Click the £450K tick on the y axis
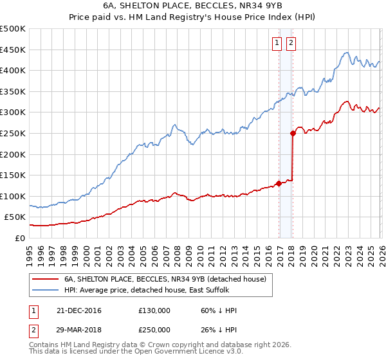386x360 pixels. pyautogui.click(x=13, y=50)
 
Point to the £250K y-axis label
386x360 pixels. pyautogui.click(x=13, y=133)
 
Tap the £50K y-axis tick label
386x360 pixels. pyautogui.click(x=15, y=217)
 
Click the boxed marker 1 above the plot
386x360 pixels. pyautogui.click(x=277, y=43)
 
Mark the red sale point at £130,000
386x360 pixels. pyautogui.click(x=279, y=183)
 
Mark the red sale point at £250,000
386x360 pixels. pyautogui.click(x=293, y=134)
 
